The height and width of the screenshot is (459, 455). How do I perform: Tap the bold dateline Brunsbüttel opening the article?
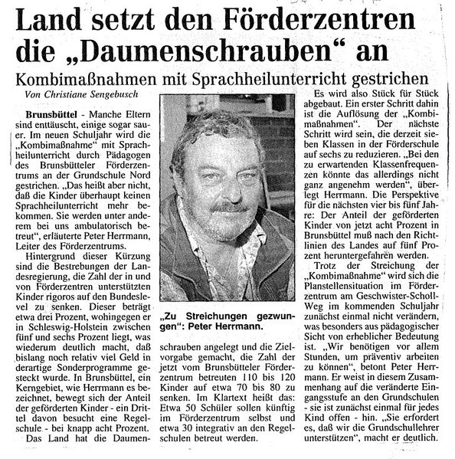51,114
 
